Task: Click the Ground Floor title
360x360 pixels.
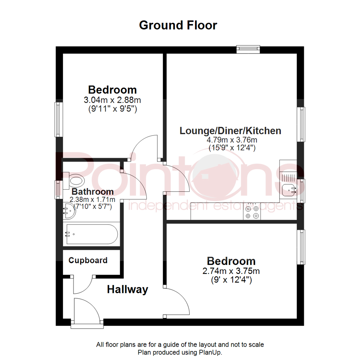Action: pos(178,25)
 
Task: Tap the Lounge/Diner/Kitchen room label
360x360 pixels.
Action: pos(230,131)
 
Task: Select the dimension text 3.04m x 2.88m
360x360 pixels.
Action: pos(112,100)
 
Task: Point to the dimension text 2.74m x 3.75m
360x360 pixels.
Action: pos(231,271)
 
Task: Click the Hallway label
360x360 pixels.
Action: pos(127,290)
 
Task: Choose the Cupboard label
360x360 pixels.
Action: pos(88,260)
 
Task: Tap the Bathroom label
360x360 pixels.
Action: pos(93,192)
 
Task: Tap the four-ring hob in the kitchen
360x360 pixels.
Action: pos(252,212)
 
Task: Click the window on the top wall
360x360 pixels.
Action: pos(248,49)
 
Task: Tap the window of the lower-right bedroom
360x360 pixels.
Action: pos(301,247)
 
